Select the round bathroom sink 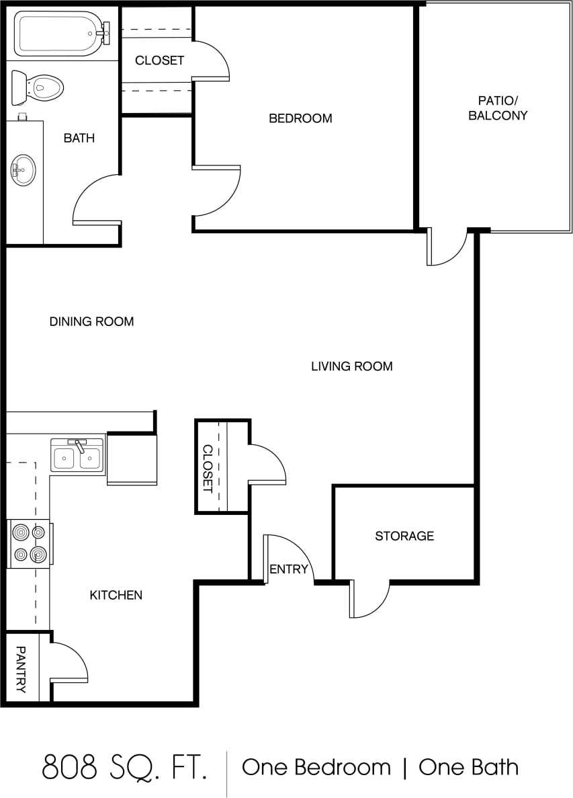pos(24,169)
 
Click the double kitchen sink pos(77,456)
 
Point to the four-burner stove pos(30,544)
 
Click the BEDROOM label pos(300,118)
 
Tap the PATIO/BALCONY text pos(498,108)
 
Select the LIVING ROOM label pos(351,366)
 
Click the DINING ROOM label pos(91,321)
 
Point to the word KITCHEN pos(116,595)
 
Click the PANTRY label pos(20,669)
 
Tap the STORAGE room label pos(404,536)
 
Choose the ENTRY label pos(288,569)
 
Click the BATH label pos(79,138)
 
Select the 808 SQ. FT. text pos(124,767)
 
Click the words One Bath pos(468,767)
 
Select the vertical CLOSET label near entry pos(208,469)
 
